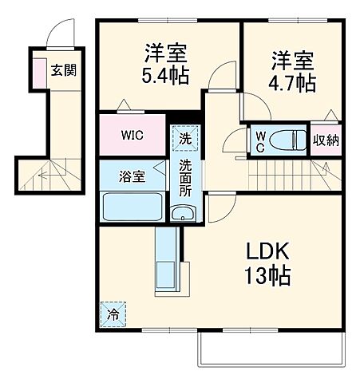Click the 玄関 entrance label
click(64, 70)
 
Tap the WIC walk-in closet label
click(133, 135)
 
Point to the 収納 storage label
click(326, 141)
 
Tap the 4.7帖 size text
click(293, 82)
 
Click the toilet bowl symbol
click(285, 140)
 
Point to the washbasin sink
click(183, 213)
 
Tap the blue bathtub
click(132, 207)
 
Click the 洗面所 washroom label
click(185, 178)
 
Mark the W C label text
click(259, 140)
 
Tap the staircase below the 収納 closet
click(295, 169)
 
